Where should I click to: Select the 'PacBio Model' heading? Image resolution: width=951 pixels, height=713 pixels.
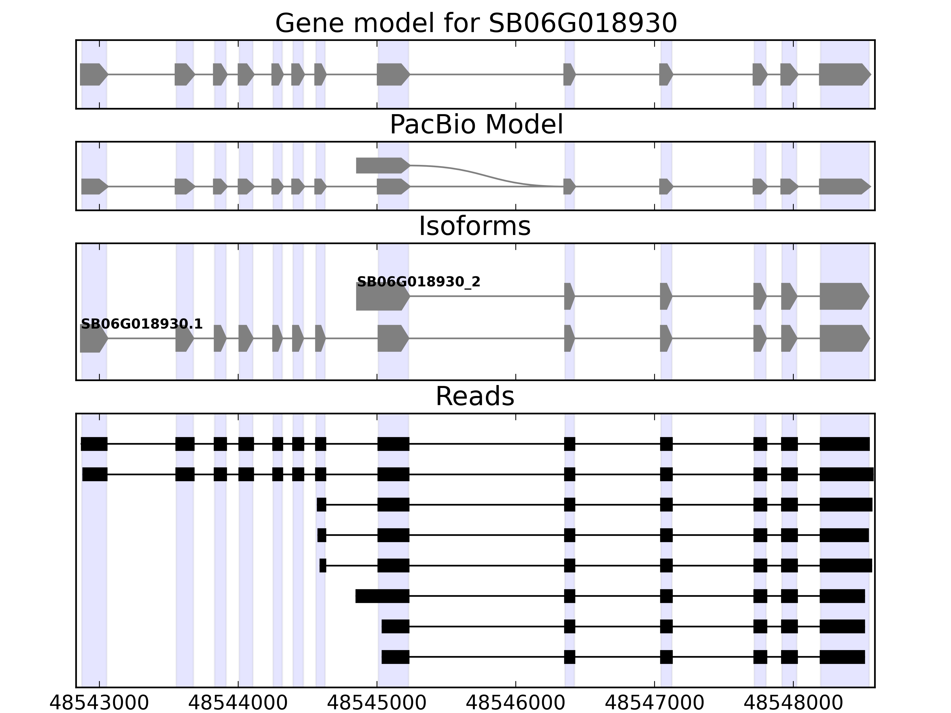click(475, 125)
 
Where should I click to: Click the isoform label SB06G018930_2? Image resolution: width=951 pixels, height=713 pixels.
click(418, 282)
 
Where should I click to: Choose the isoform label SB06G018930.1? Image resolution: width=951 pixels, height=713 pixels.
click(141, 324)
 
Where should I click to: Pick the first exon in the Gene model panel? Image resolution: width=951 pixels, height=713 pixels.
click(92, 74)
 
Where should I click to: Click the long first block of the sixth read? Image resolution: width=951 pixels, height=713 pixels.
click(382, 596)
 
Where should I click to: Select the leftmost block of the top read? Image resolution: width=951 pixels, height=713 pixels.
click(94, 444)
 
